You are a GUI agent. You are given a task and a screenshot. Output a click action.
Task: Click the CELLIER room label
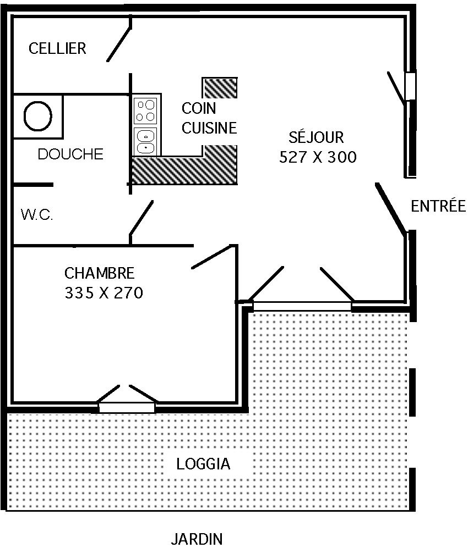point(57,48)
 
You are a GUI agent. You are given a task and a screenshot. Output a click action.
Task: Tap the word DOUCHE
point(70,154)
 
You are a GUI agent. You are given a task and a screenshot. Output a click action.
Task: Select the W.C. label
point(37,214)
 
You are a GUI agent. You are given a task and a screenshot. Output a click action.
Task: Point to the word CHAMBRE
point(100,273)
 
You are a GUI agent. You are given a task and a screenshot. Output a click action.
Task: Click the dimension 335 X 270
point(104,293)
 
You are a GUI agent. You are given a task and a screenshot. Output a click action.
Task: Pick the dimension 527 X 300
point(318,157)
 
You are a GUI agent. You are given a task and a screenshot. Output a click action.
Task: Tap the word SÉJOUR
point(316,137)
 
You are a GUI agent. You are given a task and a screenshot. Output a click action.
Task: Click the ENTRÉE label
point(438,206)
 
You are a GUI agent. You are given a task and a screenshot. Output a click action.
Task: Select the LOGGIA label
point(203,464)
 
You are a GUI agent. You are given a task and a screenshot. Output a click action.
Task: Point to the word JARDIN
point(197,539)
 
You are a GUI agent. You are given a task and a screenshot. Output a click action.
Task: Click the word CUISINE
point(209,128)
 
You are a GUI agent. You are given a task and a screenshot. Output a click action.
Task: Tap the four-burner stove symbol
point(145,111)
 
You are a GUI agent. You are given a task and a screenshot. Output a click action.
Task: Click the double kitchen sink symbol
point(145,141)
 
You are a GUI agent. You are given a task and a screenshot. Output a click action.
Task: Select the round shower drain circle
point(38,116)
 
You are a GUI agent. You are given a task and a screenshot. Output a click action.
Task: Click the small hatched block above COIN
point(220,88)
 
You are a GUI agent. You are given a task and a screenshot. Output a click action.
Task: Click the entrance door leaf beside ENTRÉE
point(391,208)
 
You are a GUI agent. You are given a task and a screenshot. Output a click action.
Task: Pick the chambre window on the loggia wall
point(127,407)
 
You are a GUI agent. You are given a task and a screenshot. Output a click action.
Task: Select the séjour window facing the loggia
point(302,306)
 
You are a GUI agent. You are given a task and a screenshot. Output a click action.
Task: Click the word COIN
point(198,108)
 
